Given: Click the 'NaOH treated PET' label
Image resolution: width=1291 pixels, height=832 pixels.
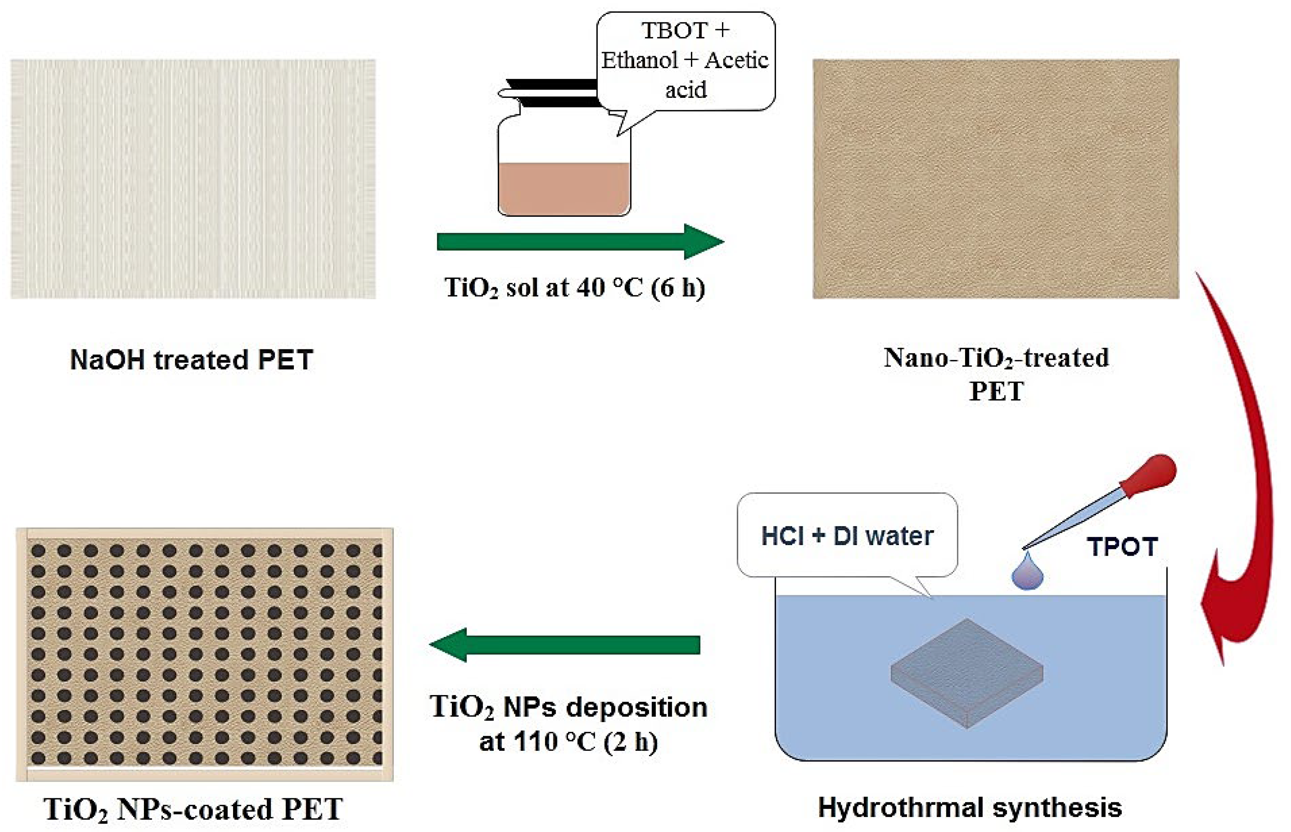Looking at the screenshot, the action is pyautogui.click(x=191, y=360).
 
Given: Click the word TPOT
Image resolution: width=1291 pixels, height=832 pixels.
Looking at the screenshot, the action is pyautogui.click(x=1122, y=547).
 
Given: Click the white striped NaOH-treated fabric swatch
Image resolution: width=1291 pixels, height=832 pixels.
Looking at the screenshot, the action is pyautogui.click(x=193, y=178).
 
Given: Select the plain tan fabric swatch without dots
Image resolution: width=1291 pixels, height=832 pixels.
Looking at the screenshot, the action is pyautogui.click(x=995, y=178).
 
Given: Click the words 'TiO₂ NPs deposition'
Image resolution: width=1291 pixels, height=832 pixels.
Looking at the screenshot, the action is pyautogui.click(x=568, y=707).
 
